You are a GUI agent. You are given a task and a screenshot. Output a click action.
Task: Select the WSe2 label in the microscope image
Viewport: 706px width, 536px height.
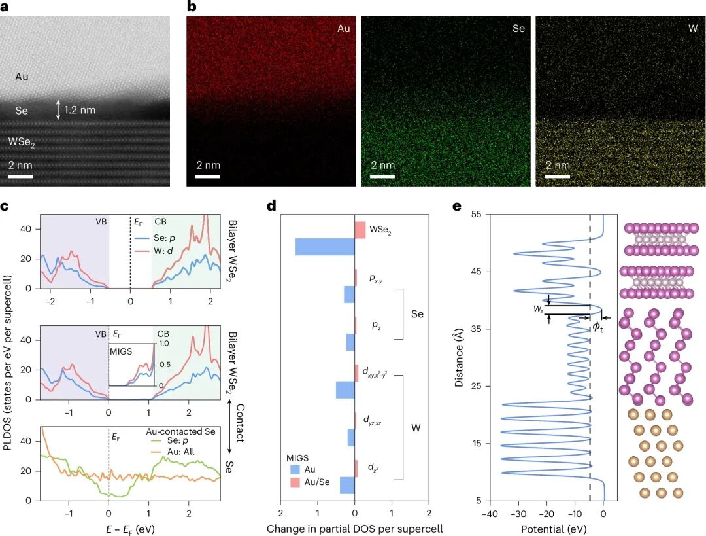click(23, 141)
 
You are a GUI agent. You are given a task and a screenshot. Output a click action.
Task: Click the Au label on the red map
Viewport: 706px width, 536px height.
click(344, 29)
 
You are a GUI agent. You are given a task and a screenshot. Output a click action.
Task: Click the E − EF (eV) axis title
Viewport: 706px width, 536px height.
click(130, 526)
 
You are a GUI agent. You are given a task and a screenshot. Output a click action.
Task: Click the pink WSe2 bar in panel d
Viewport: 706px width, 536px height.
click(360, 230)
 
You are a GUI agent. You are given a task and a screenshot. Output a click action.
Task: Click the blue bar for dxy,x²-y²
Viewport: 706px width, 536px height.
click(345, 390)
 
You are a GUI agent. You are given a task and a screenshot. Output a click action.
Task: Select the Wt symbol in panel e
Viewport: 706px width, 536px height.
click(537, 310)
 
